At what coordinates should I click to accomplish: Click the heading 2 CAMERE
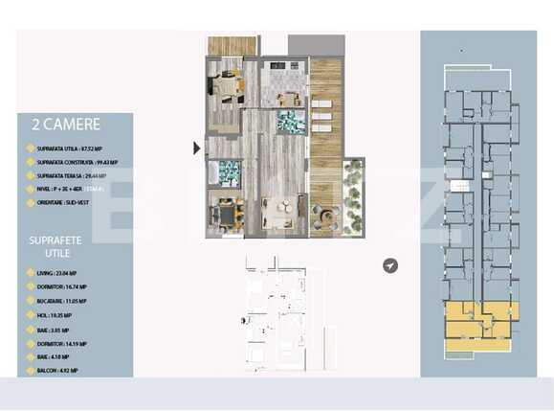[x=66, y=124]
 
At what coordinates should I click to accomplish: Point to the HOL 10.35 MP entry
[x=54, y=314]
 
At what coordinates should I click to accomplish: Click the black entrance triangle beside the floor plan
[x=197, y=148]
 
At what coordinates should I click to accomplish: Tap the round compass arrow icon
[x=390, y=265]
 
